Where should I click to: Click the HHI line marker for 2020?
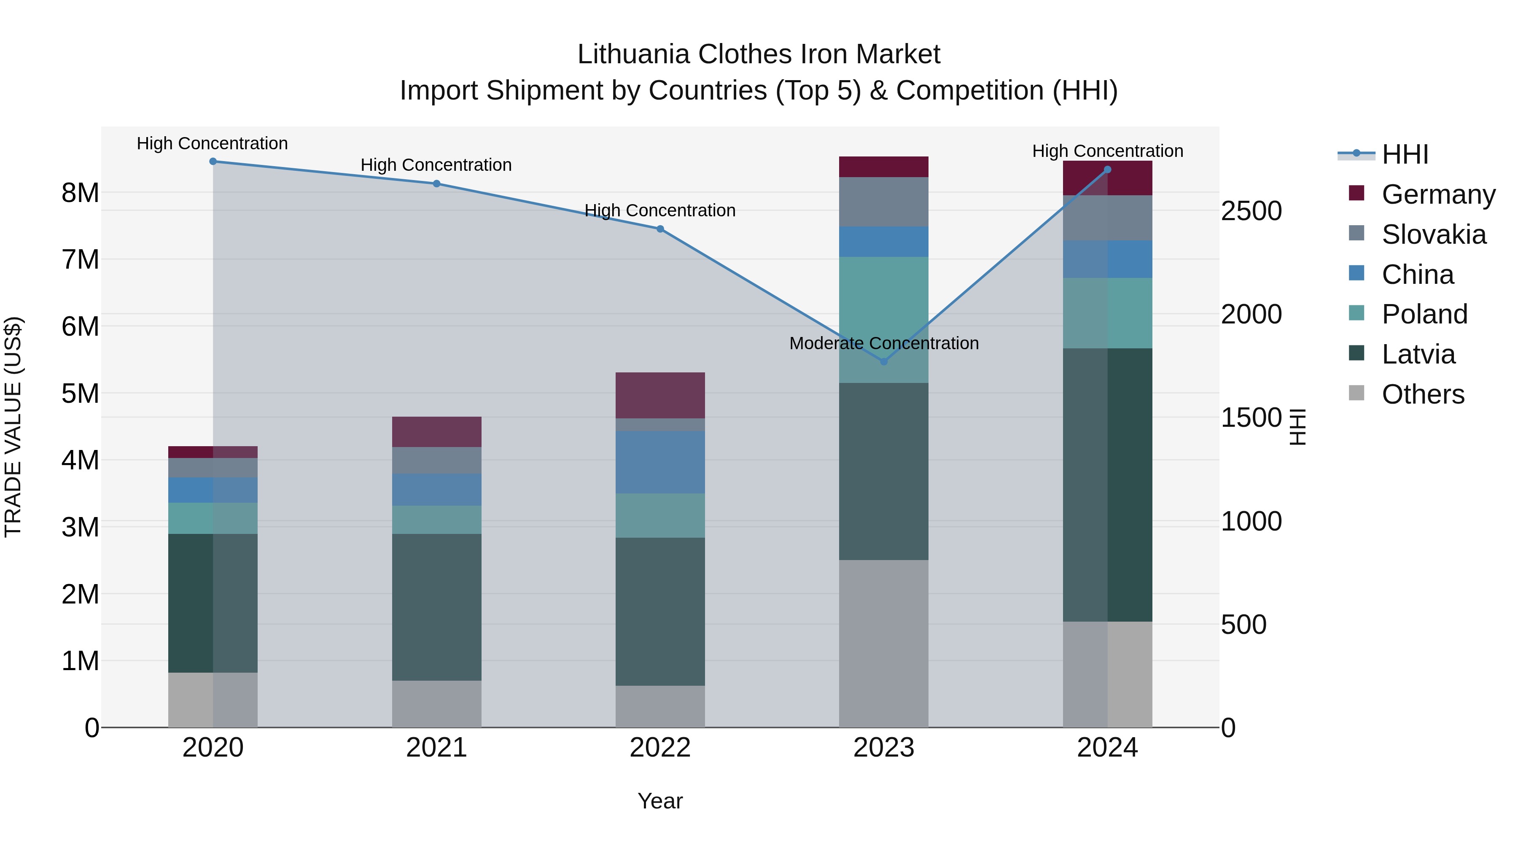pyautogui.click(x=213, y=162)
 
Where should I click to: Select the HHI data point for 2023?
pyautogui.click(x=883, y=361)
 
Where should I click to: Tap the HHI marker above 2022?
pyautogui.click(x=660, y=229)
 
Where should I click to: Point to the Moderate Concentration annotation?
pyautogui.click(x=883, y=343)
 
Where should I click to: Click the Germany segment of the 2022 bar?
pyautogui.click(x=660, y=396)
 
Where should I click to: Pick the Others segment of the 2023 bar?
pyautogui.click(x=883, y=643)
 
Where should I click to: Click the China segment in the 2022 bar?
pyautogui.click(x=660, y=462)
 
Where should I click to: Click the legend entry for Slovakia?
pyautogui.click(x=1433, y=234)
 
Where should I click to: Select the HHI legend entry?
pyautogui.click(x=1405, y=154)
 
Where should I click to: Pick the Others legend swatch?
pyautogui.click(x=1356, y=393)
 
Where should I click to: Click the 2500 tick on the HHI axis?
pyautogui.click(x=1251, y=211)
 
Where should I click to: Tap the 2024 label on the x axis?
pyautogui.click(x=1107, y=748)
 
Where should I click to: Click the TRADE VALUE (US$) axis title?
pyautogui.click(x=13, y=427)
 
